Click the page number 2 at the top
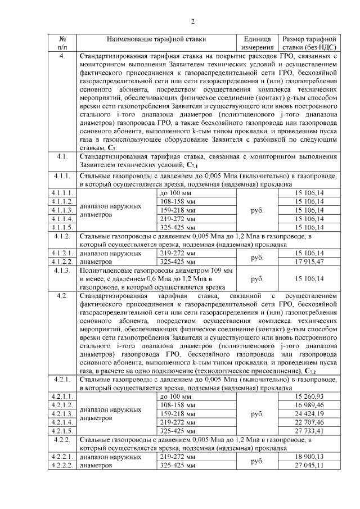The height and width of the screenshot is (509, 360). (x=192, y=22)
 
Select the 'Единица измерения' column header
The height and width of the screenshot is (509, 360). (x=258, y=44)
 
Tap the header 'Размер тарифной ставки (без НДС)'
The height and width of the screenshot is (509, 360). (x=309, y=44)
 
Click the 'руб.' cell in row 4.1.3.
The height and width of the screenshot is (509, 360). (x=258, y=278)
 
